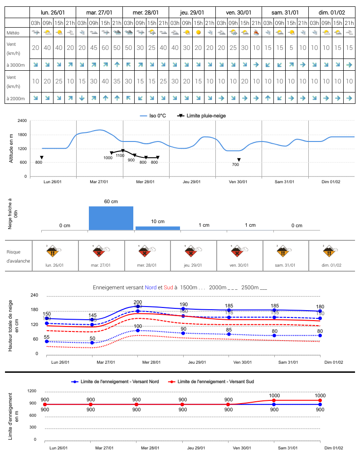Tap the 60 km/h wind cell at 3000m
coord(105,48)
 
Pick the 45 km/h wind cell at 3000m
coord(93,48)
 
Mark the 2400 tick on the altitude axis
coord(22,121)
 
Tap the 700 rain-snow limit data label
coord(235,165)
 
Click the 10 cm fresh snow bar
coord(158,228)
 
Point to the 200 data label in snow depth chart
coord(138,302)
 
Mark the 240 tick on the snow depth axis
coord(34,295)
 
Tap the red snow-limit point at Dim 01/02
coord(320,400)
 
